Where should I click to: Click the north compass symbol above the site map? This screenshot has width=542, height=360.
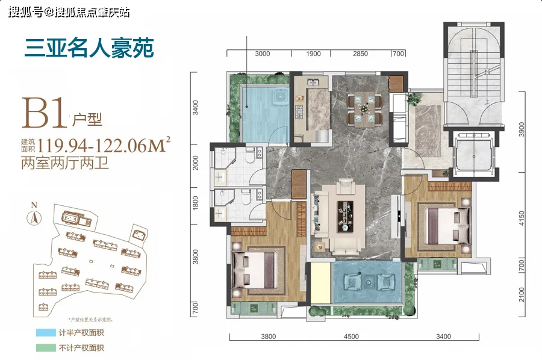[35, 216]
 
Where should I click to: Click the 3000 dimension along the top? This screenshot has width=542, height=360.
[262, 54]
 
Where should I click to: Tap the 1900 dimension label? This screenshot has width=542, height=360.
[313, 54]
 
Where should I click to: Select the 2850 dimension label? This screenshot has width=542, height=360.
[360, 54]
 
